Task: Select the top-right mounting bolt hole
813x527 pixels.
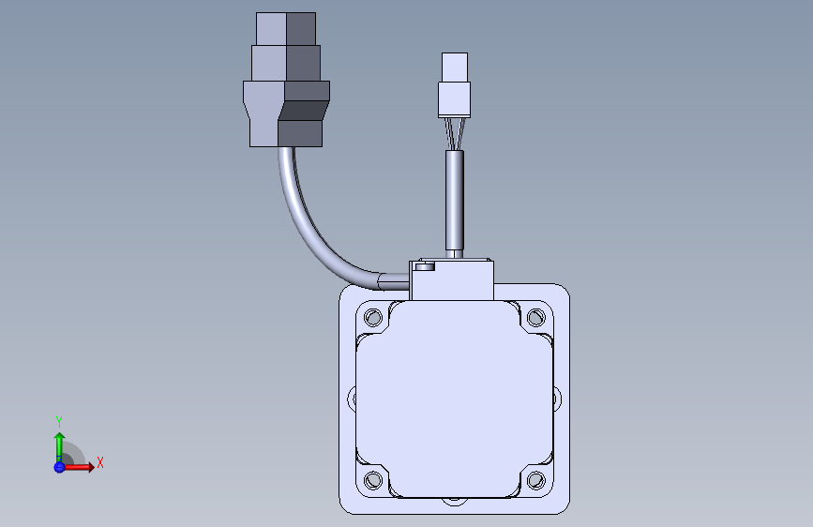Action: click(535, 316)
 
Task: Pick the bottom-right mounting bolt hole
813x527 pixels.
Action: click(535, 481)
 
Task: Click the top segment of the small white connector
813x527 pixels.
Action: click(455, 67)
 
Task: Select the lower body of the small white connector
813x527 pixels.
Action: click(455, 98)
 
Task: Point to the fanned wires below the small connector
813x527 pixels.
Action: click(455, 133)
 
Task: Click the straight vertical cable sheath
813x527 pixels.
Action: click(455, 202)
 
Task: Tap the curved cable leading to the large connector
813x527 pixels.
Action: click(309, 230)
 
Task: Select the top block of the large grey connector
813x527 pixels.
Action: click(287, 29)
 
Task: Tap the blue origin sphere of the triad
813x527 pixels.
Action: click(59, 466)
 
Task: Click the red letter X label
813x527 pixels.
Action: click(99, 462)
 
